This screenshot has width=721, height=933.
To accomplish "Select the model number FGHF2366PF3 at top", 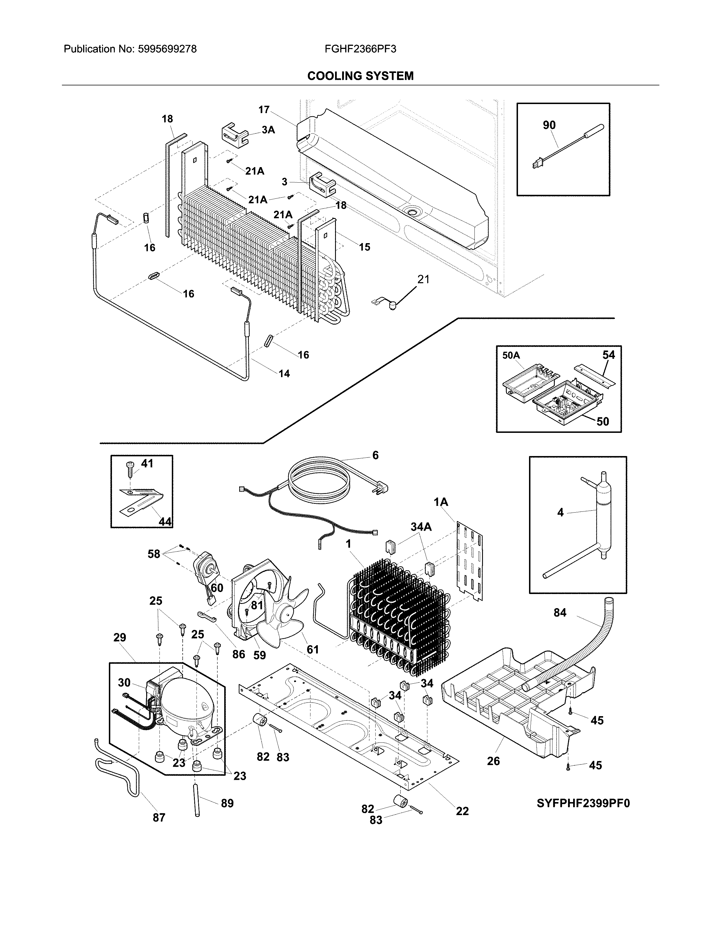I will coord(360,49).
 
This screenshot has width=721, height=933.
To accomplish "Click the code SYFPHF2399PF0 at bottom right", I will coord(583,804).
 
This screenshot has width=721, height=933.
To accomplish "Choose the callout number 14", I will coord(284,374).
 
